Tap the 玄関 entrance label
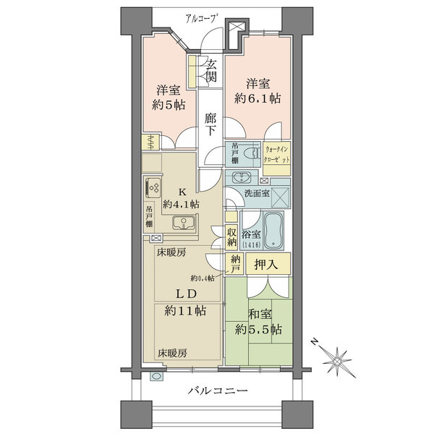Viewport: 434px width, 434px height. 210,70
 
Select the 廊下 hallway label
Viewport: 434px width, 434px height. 210,124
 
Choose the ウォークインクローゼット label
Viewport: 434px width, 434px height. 277,153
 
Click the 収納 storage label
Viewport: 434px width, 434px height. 232,238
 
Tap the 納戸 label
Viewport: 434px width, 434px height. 235,265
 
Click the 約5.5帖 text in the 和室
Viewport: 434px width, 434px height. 259,329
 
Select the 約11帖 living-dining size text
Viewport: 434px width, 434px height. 184,312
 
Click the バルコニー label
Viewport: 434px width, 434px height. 218,391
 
